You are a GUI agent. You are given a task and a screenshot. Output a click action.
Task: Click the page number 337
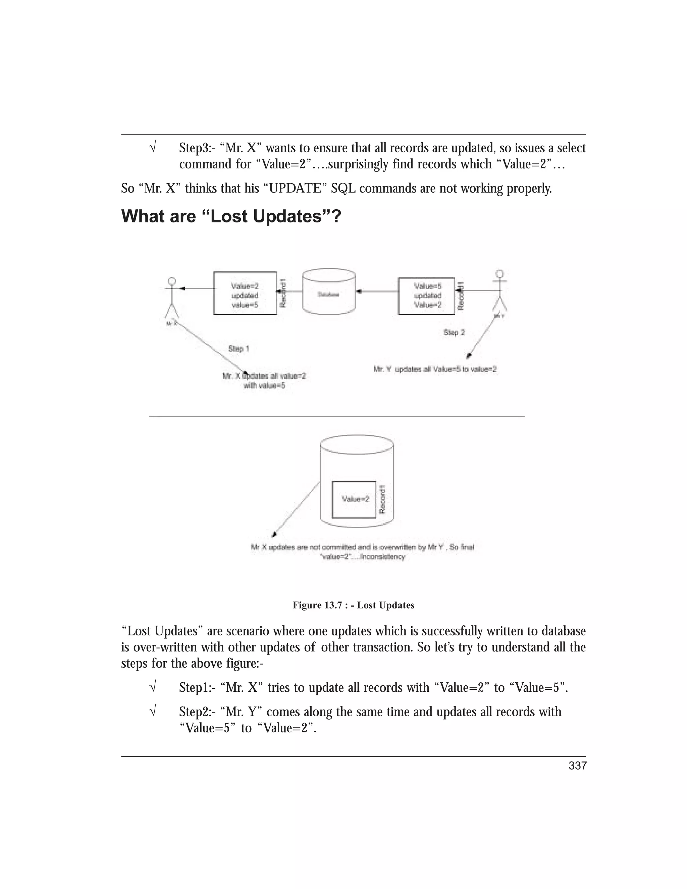click(x=577, y=766)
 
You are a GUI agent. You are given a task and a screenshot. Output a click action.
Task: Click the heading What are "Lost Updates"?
click(x=231, y=216)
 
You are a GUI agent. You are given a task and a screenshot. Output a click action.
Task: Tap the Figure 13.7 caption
click(x=353, y=605)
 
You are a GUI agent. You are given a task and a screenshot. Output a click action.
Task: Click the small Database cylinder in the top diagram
click(x=329, y=292)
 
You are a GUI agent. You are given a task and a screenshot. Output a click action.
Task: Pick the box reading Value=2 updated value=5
click(x=245, y=294)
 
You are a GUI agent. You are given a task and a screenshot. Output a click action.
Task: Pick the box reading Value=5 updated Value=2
click(x=426, y=295)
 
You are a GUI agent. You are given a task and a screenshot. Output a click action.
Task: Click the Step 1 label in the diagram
click(x=239, y=349)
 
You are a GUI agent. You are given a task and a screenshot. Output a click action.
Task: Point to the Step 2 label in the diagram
click(x=454, y=332)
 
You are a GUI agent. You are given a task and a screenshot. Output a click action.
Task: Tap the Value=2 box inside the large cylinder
click(x=354, y=500)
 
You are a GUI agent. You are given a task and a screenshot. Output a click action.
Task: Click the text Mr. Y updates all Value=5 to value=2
click(x=435, y=370)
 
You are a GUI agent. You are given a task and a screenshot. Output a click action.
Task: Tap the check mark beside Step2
click(x=153, y=712)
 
